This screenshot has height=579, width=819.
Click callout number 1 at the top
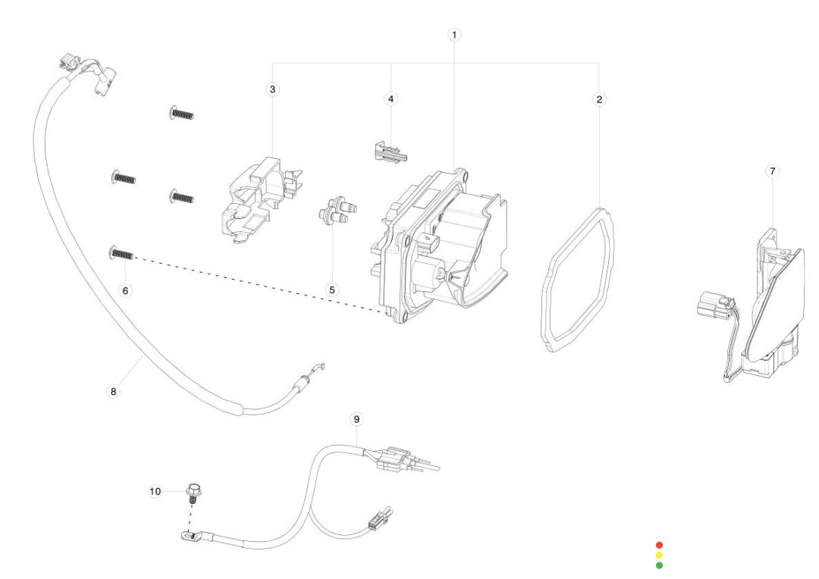tap(454, 35)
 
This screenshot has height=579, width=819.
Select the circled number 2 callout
tap(599, 99)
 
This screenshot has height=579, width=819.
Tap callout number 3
tap(273, 89)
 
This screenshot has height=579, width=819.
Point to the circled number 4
tap(391, 99)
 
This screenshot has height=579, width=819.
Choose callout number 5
tap(331, 289)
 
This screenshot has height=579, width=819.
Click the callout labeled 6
tap(126, 290)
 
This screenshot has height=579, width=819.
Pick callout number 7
tap(773, 172)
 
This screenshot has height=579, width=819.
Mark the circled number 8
tap(114, 392)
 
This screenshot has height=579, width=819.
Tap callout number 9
tap(356, 418)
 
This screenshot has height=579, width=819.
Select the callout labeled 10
tap(155, 491)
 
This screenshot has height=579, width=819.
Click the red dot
tap(659, 545)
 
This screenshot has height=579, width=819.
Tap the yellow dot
tap(659, 555)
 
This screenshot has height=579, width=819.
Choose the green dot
tap(659, 565)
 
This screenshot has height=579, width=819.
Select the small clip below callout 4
tap(389, 153)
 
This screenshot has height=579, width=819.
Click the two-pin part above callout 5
tap(335, 211)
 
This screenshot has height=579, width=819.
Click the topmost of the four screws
tap(180, 114)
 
